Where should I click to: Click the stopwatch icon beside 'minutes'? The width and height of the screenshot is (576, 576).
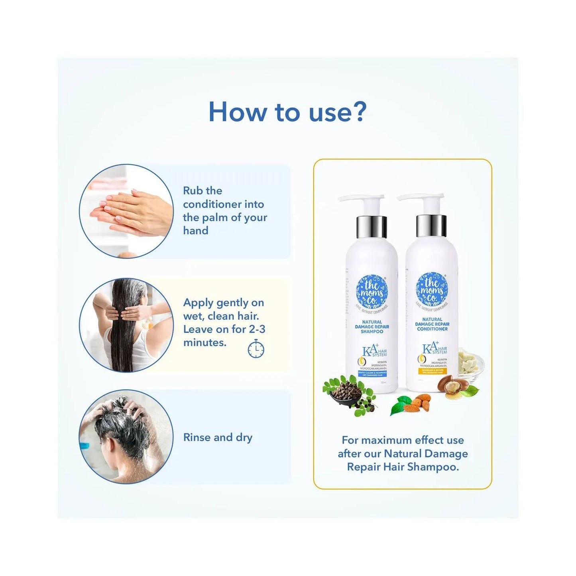coord(256,349)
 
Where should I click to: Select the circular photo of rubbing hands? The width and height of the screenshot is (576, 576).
coord(126,211)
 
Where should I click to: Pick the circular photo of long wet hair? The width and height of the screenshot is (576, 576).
coord(126,325)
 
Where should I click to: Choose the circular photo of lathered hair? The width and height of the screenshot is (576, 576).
coord(126,436)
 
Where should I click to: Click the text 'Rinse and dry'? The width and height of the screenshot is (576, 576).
coord(218,437)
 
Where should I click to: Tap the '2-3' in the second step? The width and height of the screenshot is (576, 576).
coord(257,329)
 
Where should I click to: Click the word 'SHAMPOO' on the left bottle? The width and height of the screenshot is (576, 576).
coord(372,332)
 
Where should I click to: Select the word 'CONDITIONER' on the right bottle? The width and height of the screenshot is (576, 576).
coord(432,329)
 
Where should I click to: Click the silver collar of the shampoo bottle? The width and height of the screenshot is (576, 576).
coord(372,226)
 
